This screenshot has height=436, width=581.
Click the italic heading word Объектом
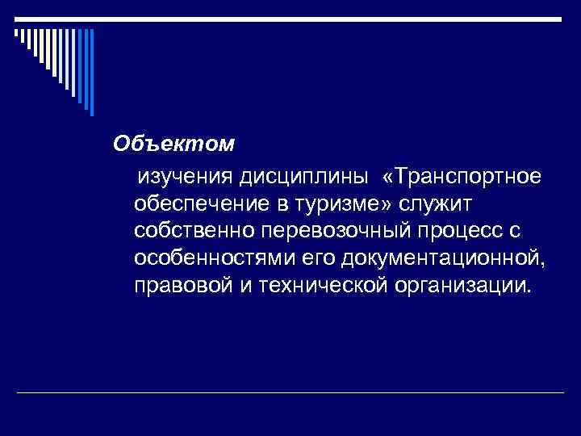tap(173, 144)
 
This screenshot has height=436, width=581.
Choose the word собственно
tap(195, 231)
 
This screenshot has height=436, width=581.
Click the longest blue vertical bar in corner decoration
tap(92, 73)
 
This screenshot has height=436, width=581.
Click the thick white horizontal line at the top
tap(290, 19)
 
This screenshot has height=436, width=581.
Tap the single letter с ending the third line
tap(516, 232)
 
